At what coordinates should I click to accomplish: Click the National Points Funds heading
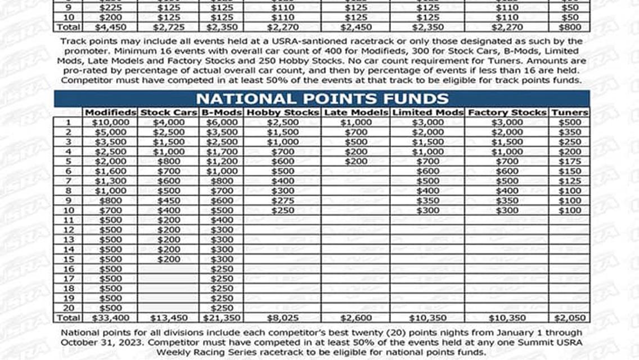pos(322,98)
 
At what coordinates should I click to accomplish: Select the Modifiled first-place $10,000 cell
pos(110,122)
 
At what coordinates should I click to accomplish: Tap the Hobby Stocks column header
pos(282,112)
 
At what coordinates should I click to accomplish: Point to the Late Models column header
pos(357,112)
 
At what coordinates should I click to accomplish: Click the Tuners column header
pos(569,112)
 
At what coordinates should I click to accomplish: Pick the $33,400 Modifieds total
pos(110,318)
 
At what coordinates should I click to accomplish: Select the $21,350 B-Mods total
pos(222,318)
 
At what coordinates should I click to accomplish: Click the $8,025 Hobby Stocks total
pos(282,318)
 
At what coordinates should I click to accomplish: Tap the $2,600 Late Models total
pos(357,318)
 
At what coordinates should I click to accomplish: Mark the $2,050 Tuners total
pos(569,318)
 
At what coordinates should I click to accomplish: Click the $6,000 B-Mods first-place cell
pos(222,122)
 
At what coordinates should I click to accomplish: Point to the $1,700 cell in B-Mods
pos(222,151)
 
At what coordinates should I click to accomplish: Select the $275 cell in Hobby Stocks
pos(282,200)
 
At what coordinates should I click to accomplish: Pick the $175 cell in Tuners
pos(569,161)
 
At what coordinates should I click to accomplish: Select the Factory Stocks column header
pos(507,112)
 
